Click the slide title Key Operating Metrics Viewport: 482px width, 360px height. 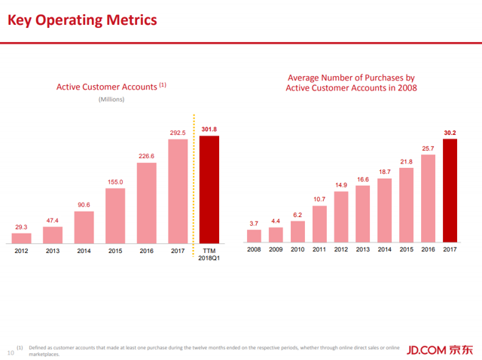click(x=83, y=20)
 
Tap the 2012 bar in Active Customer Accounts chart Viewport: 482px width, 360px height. click(x=21, y=238)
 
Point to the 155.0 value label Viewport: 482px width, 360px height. click(x=114, y=182)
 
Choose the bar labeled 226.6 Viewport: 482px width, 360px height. click(x=146, y=203)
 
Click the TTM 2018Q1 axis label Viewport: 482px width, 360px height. click(x=209, y=255)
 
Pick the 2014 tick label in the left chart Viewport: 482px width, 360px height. click(x=84, y=252)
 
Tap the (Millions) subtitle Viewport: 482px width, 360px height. click(x=111, y=99)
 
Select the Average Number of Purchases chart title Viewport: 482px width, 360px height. click(x=351, y=83)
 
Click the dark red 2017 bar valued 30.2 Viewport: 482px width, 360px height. click(x=450, y=191)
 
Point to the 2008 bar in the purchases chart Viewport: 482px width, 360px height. click(x=255, y=236)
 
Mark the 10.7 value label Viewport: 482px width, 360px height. click(x=319, y=199)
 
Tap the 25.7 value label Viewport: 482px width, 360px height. click(x=428, y=148)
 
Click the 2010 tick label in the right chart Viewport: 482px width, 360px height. click(x=297, y=249)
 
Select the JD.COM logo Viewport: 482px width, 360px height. click(x=439, y=349)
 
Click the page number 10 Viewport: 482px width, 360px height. click(x=11, y=351)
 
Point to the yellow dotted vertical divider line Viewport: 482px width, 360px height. click(x=194, y=181)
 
